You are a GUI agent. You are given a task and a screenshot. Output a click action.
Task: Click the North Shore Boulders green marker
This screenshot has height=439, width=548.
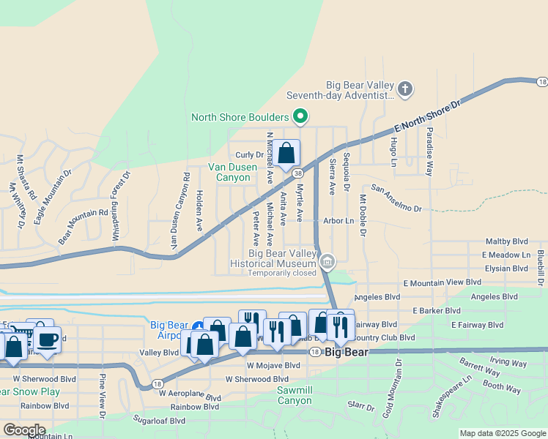(299, 116)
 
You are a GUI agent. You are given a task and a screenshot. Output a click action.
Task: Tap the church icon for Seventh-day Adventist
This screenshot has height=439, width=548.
(405, 90)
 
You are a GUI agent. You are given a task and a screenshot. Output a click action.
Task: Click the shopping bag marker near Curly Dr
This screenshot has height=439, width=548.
(286, 154)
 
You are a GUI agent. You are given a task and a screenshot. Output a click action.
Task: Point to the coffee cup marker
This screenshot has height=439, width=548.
(48, 339)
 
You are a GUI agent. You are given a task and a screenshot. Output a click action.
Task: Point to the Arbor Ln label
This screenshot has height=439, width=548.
(338, 220)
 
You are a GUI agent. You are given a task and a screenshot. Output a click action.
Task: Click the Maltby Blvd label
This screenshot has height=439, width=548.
(507, 241)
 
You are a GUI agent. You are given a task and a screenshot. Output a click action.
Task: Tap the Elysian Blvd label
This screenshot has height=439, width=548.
(505, 269)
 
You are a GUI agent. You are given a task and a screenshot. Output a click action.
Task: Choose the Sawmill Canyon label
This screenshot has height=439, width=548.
(295, 395)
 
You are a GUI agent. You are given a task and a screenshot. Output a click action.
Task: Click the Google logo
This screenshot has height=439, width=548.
(24, 430)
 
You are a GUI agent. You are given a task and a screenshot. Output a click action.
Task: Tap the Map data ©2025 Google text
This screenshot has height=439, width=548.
(502, 433)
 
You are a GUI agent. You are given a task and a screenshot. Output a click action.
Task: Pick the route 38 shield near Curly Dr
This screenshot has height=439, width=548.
(298, 173)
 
